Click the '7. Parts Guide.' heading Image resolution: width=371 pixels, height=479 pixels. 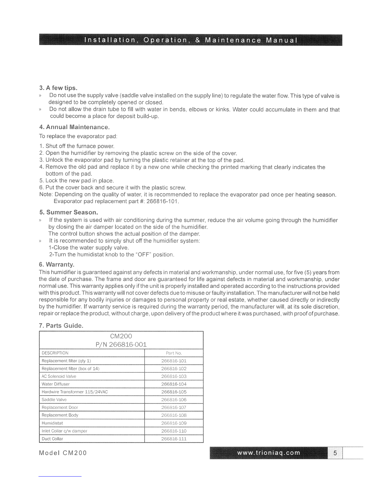point(61,326)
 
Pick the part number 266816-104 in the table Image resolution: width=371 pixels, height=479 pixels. point(174,384)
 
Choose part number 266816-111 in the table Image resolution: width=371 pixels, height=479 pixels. point(174,439)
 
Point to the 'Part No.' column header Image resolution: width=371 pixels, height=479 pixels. point(174,353)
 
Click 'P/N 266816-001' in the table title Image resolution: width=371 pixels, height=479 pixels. point(121,345)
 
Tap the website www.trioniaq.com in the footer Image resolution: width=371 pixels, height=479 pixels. point(269,453)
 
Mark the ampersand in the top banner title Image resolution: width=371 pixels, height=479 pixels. point(197,40)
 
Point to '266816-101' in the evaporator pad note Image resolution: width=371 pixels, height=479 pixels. point(162,201)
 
